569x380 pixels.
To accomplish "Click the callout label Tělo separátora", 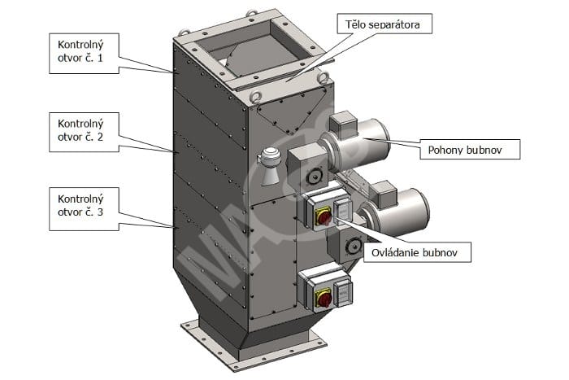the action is tap(384, 24).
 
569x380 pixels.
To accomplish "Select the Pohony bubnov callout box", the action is tap(470, 149).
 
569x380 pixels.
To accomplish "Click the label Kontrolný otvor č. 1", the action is tap(84, 54).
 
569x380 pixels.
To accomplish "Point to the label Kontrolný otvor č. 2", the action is tap(84, 133).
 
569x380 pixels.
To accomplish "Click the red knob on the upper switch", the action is tap(324, 217).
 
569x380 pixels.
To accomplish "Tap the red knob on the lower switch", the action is tap(324, 299).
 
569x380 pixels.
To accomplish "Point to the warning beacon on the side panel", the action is tap(268, 166).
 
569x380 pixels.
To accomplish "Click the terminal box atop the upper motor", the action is tap(342, 123).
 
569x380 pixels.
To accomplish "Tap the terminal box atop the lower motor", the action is tap(384, 193).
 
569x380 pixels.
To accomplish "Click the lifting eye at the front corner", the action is tap(255, 96).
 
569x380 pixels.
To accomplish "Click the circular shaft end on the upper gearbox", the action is tap(312, 177).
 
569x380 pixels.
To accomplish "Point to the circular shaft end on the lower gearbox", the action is tap(352, 247).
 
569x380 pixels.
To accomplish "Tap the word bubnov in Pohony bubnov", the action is tap(484, 150).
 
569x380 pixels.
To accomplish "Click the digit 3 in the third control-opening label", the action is tap(100, 212).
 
